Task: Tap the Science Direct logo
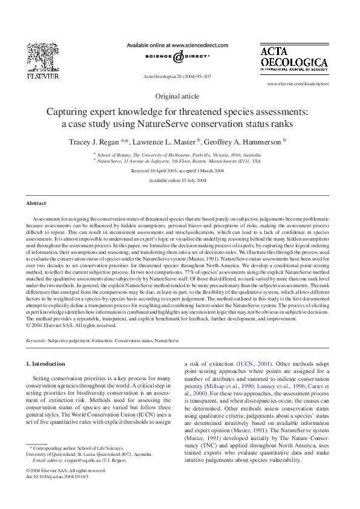177,57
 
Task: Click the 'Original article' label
177,96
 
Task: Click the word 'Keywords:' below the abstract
36,341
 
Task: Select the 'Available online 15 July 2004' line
177,180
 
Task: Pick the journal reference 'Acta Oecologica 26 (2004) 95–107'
177,76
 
